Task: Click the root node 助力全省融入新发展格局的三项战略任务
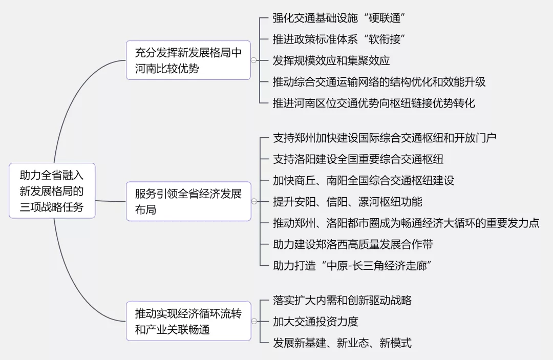click(x=52, y=191)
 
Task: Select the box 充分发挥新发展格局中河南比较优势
click(x=188, y=60)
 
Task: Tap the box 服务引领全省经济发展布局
click(x=188, y=201)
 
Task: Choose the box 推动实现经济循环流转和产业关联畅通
click(x=188, y=321)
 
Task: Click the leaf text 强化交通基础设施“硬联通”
click(x=338, y=18)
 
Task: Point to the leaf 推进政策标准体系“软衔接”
click(x=338, y=39)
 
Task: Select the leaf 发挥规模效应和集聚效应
click(x=331, y=60)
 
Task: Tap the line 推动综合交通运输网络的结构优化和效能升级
click(x=379, y=82)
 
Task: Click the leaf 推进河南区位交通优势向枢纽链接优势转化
click(x=374, y=103)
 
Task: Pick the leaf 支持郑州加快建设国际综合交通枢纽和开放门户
click(x=385, y=138)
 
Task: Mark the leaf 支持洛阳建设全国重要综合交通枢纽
click(x=358, y=159)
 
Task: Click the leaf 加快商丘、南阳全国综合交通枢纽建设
click(x=364, y=181)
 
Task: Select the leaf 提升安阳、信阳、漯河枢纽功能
click(x=348, y=202)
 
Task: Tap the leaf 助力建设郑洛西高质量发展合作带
click(x=353, y=244)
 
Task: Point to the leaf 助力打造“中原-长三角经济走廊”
click(x=352, y=265)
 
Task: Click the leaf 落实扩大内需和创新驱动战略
click(x=343, y=300)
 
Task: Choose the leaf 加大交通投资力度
click(x=315, y=322)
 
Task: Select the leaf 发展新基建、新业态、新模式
click(x=343, y=343)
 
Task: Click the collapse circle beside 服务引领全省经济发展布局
click(x=254, y=201)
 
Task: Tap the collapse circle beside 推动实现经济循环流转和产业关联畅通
click(x=254, y=321)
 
